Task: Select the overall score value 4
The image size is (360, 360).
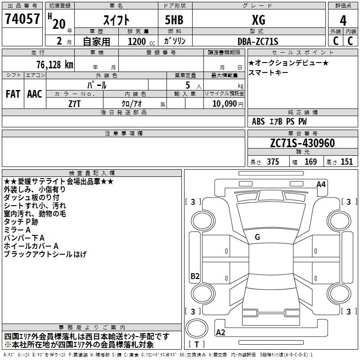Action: [x=343, y=20]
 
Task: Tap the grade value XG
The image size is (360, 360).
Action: [x=258, y=20]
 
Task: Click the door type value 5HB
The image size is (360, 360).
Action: [x=174, y=20]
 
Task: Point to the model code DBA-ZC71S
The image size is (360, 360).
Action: [x=258, y=41]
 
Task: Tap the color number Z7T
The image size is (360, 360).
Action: [x=74, y=103]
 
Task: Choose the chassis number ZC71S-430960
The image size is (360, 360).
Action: [x=302, y=143]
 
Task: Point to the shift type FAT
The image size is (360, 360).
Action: [x=13, y=94]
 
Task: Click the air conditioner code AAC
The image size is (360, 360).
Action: [x=35, y=94]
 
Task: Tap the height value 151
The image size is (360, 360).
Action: [x=346, y=162]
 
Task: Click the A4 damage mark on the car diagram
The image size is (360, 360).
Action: [x=321, y=184]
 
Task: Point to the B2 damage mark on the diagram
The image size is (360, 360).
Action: [x=194, y=276]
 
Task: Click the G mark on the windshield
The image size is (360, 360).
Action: [x=257, y=237]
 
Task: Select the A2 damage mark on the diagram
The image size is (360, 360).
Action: [x=220, y=332]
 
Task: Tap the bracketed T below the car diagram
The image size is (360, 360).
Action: [x=197, y=345]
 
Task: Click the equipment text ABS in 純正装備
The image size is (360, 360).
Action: [x=258, y=121]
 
